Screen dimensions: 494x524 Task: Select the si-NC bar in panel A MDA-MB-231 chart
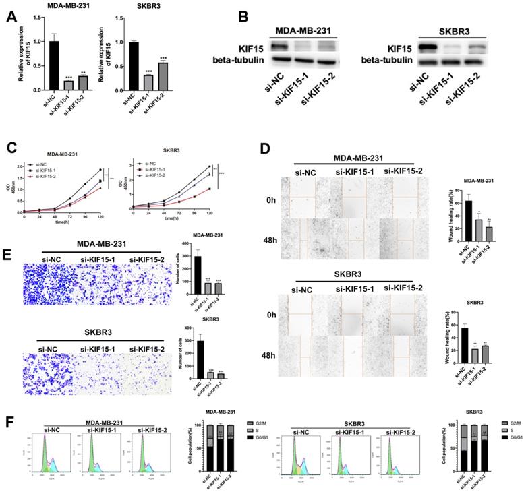35,60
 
